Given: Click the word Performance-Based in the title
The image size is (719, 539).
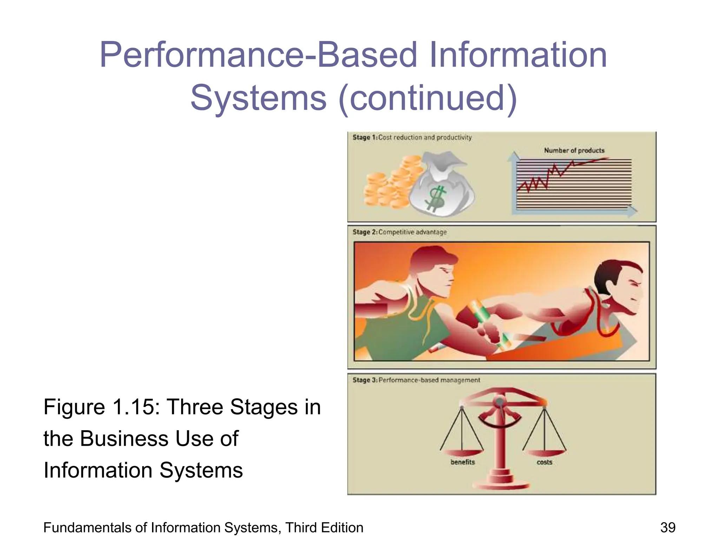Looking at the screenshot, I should [x=258, y=55].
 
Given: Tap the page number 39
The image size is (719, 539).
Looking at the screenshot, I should [x=667, y=527].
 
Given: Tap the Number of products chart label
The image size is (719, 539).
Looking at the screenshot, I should [x=574, y=150].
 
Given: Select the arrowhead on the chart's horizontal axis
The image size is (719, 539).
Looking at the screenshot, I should [x=632, y=211].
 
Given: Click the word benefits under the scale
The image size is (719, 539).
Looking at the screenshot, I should [x=462, y=462].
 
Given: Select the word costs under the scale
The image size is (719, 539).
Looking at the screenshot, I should [x=544, y=462].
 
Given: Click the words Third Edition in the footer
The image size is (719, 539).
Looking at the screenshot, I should [x=324, y=527].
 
